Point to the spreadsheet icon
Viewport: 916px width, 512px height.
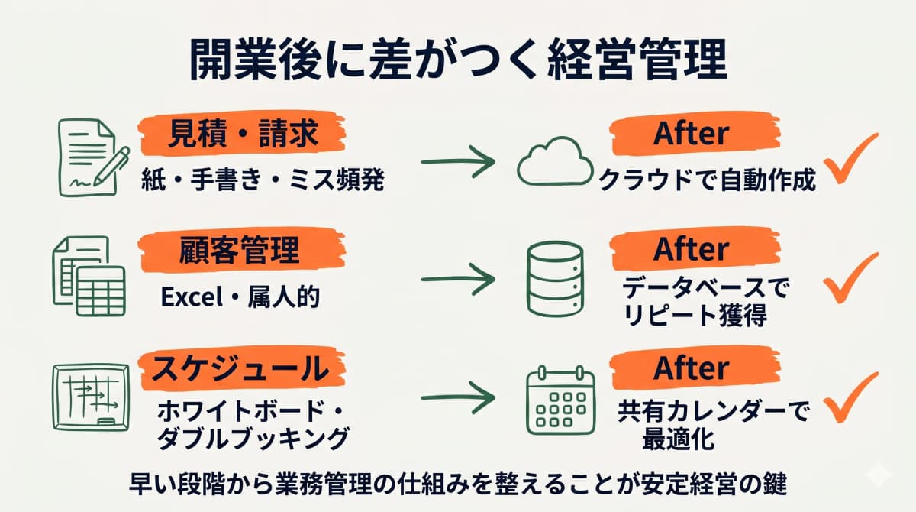coord(88,276)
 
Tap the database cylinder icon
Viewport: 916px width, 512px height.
coord(555,280)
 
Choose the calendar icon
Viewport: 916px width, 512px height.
coord(560,400)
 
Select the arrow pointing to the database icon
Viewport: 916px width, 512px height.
coord(458,280)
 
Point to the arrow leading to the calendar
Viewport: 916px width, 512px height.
coord(458,397)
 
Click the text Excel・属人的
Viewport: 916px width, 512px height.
coord(240,297)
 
